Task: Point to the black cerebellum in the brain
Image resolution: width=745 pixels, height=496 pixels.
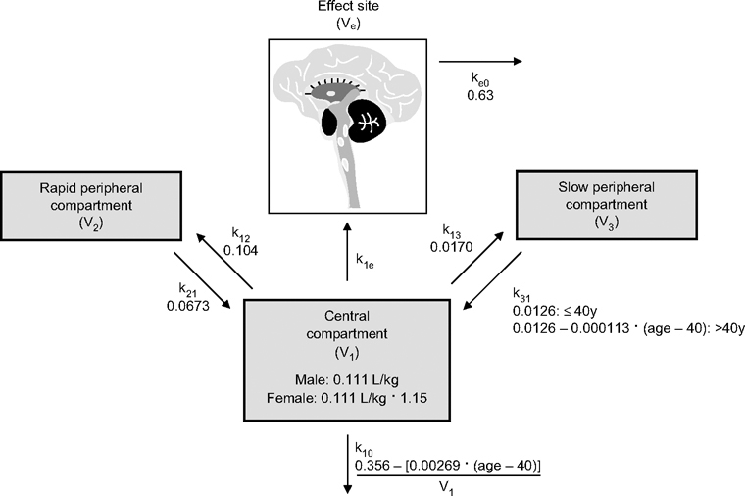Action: coord(370,122)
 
